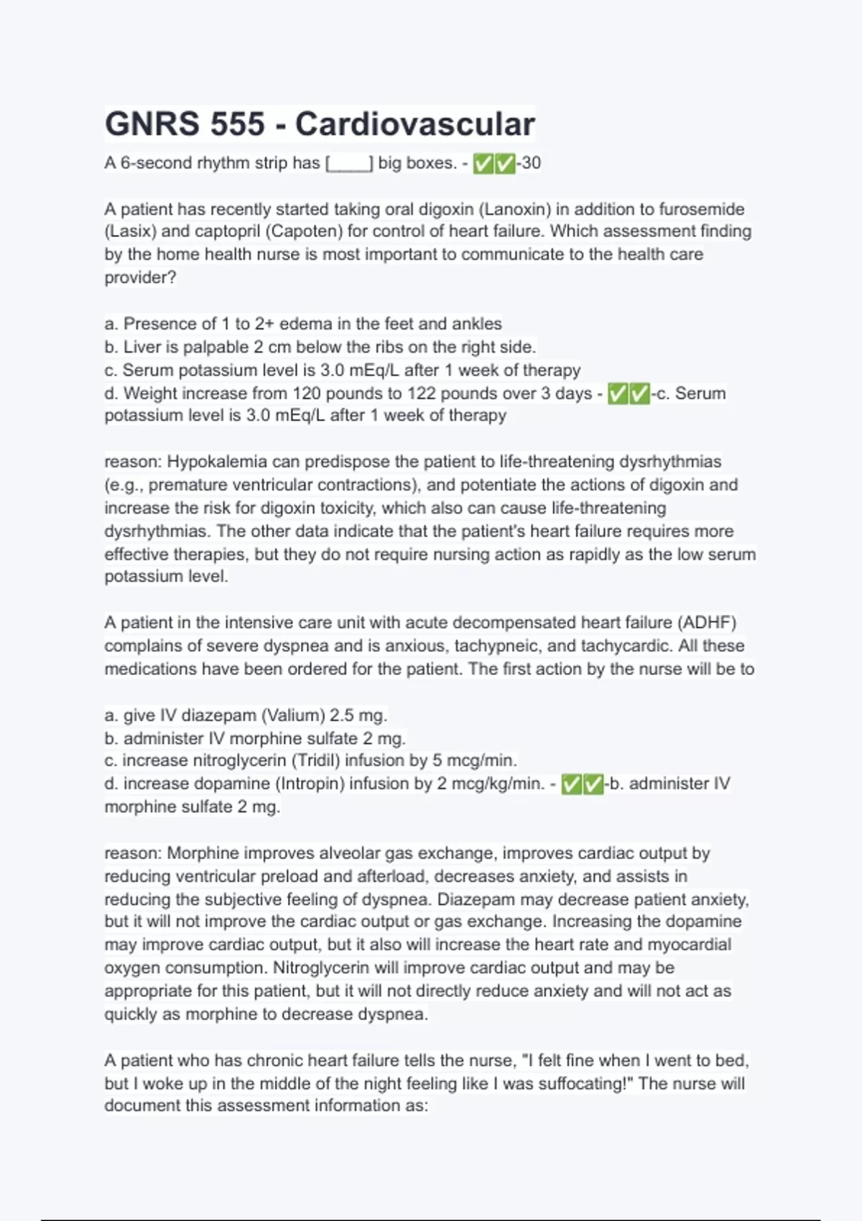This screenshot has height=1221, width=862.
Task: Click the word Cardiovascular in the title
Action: (414, 124)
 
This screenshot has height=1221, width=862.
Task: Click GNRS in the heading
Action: (152, 124)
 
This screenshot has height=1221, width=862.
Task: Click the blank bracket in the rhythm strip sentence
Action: (349, 164)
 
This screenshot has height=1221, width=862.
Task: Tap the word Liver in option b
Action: (142, 347)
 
